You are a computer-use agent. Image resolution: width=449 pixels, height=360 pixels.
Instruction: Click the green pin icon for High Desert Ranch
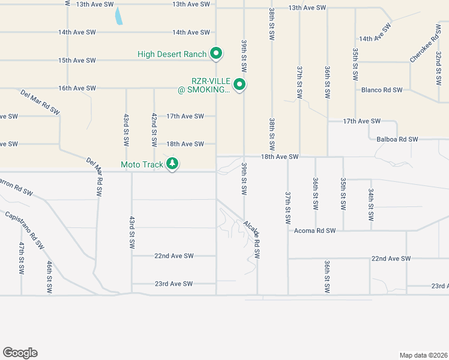(216, 54)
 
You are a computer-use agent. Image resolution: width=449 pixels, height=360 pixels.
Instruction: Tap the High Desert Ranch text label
(172, 54)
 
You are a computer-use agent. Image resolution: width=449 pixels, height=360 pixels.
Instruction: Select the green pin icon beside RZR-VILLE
(240, 85)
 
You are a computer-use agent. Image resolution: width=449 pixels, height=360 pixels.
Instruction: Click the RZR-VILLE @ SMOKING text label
(210, 85)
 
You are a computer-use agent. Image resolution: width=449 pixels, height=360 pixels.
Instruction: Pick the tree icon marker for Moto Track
(172, 163)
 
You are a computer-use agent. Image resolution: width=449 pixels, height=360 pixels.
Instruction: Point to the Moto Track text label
(142, 164)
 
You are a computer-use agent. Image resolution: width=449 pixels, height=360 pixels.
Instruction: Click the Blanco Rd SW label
(381, 90)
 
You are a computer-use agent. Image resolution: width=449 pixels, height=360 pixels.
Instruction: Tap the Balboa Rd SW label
(397, 139)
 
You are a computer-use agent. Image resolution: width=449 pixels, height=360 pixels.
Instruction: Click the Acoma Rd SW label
(313, 230)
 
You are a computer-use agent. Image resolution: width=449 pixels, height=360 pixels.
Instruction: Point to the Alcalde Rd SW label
(252, 239)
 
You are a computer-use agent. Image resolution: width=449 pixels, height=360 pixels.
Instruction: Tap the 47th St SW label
(21, 258)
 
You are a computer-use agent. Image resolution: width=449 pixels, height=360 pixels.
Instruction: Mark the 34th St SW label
(371, 204)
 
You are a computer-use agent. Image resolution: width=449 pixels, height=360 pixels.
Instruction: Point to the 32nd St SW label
(439, 68)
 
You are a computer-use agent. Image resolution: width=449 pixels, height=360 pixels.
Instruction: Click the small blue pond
(119, 16)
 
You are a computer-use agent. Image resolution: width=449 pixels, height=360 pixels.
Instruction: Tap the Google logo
(20, 353)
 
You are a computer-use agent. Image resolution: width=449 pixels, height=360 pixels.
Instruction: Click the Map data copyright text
(423, 355)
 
